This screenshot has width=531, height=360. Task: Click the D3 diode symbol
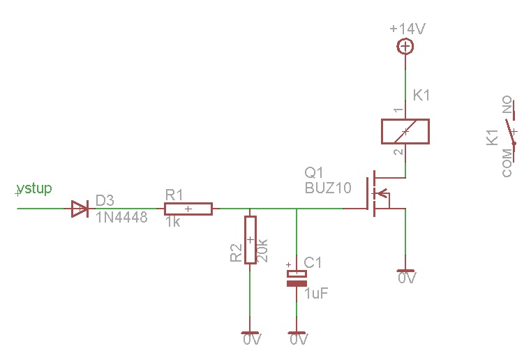pyautogui.click(x=80, y=208)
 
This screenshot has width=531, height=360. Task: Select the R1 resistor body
pyautogui.click(x=188, y=208)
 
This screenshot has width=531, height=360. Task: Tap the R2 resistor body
pyautogui.click(x=250, y=239)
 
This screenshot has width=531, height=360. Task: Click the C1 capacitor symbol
pyautogui.click(x=297, y=279)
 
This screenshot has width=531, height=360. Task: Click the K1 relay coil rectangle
pyautogui.click(x=405, y=131)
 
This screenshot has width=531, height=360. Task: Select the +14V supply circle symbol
pyautogui.click(x=405, y=47)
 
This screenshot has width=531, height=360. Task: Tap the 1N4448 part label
pyautogui.click(x=121, y=218)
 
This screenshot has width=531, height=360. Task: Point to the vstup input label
pyautogui.click(x=34, y=188)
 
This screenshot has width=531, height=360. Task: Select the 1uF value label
pyautogui.click(x=316, y=294)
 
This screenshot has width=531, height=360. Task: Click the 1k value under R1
pyautogui.click(x=174, y=222)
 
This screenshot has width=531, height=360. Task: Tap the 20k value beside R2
pyautogui.click(x=263, y=249)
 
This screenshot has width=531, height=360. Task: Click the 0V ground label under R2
pyautogui.click(x=252, y=340)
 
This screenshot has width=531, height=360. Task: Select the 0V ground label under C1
pyautogui.click(x=299, y=340)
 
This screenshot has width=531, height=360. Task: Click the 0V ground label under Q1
pyautogui.click(x=407, y=278)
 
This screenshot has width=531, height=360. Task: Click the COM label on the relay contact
pyautogui.click(x=507, y=163)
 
